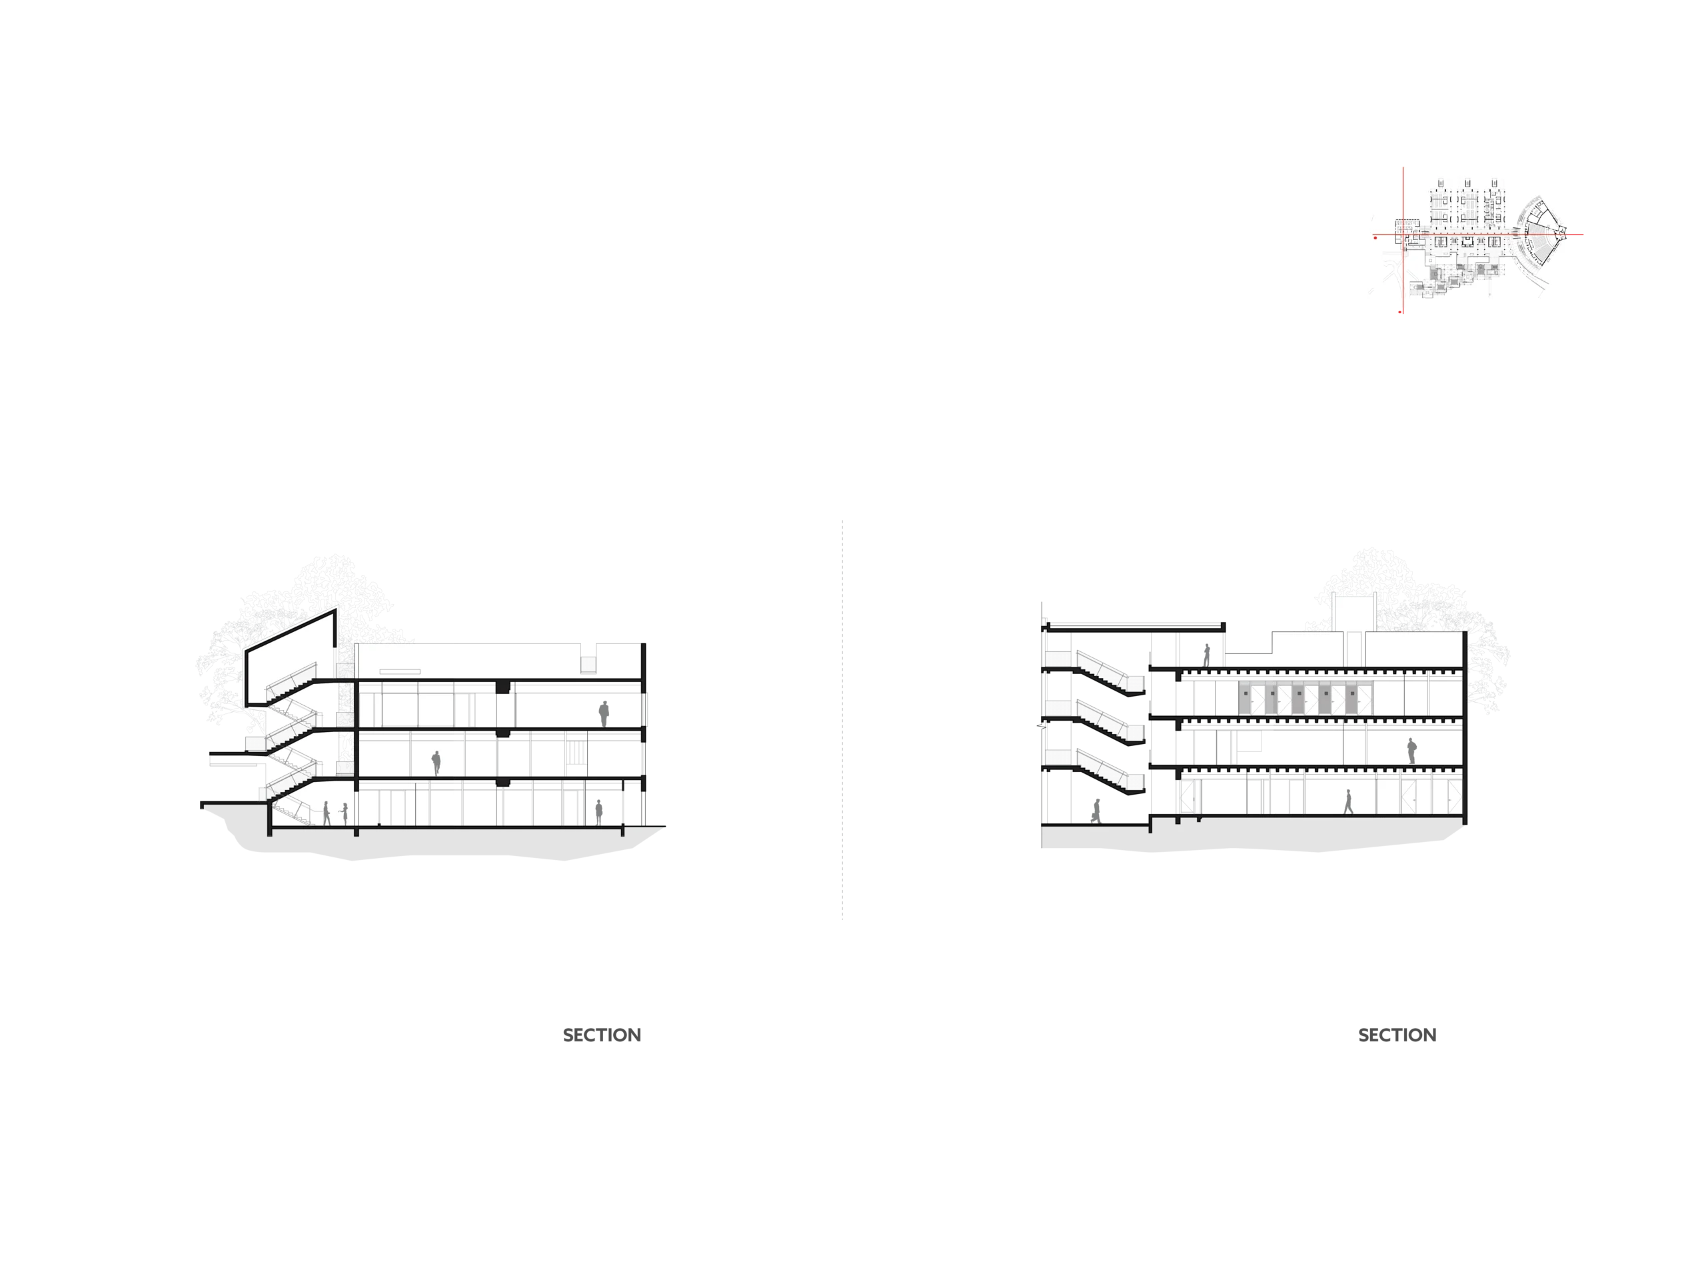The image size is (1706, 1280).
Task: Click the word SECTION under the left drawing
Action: click(x=602, y=1035)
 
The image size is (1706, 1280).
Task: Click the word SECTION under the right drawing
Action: click(x=1397, y=1035)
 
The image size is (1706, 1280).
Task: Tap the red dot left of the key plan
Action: click(x=1375, y=237)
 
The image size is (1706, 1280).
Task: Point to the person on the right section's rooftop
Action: click(x=1207, y=655)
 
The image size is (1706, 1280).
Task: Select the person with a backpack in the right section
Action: click(x=1411, y=751)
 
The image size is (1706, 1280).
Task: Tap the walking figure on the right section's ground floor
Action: click(x=1348, y=801)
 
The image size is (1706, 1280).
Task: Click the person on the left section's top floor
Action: click(x=604, y=714)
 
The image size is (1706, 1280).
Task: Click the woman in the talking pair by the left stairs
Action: click(x=345, y=814)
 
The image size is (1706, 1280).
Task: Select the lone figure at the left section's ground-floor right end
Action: click(x=598, y=813)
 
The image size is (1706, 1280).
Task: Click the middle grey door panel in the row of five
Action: click(x=1298, y=697)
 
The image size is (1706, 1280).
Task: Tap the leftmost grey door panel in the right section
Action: click(x=1246, y=697)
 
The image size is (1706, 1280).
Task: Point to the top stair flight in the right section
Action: click(x=1109, y=673)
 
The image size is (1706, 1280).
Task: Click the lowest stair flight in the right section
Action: click(x=1109, y=772)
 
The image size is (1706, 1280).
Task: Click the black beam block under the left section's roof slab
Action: click(x=503, y=687)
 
